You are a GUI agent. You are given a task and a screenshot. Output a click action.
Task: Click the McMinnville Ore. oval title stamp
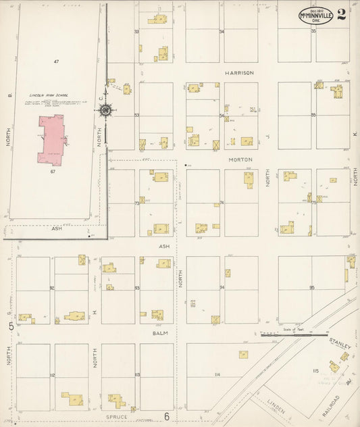316,16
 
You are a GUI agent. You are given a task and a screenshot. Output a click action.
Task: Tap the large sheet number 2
342,15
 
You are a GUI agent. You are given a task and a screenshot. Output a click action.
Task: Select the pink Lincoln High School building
51,139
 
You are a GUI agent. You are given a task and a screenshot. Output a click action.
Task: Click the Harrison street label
239,72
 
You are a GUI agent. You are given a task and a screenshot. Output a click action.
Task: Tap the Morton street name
240,159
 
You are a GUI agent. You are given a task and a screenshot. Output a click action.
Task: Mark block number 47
57,61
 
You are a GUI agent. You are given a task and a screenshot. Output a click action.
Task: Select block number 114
217,374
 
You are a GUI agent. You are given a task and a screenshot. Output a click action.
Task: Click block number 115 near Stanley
314,371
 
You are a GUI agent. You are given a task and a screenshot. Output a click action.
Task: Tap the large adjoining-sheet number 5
11,327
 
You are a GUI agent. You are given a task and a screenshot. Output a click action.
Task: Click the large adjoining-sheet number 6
166,417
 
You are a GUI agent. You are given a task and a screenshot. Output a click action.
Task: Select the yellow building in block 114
242,354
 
